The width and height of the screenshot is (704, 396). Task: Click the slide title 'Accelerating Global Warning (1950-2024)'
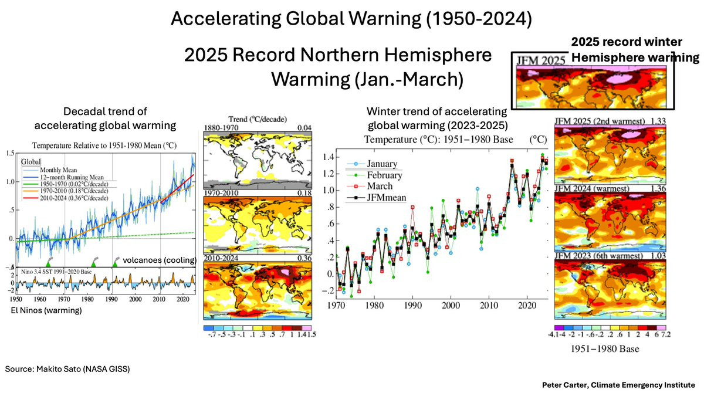(x=351, y=19)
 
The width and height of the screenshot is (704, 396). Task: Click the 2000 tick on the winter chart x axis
(x=450, y=306)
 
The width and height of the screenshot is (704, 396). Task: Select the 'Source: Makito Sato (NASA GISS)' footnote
(x=67, y=369)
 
